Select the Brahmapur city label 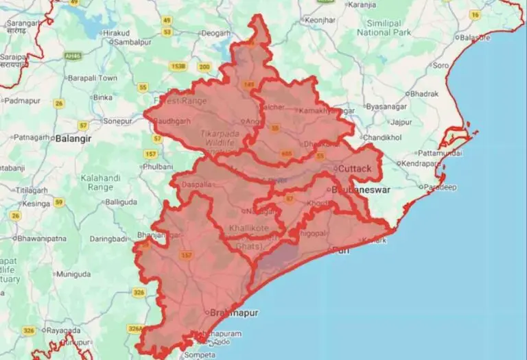click(x=235, y=313)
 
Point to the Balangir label click(x=73, y=137)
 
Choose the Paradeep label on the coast click(x=440, y=187)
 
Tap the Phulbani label click(x=158, y=166)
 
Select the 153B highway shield click(x=178, y=66)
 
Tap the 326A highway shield click(x=135, y=328)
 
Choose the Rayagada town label click(x=64, y=330)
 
